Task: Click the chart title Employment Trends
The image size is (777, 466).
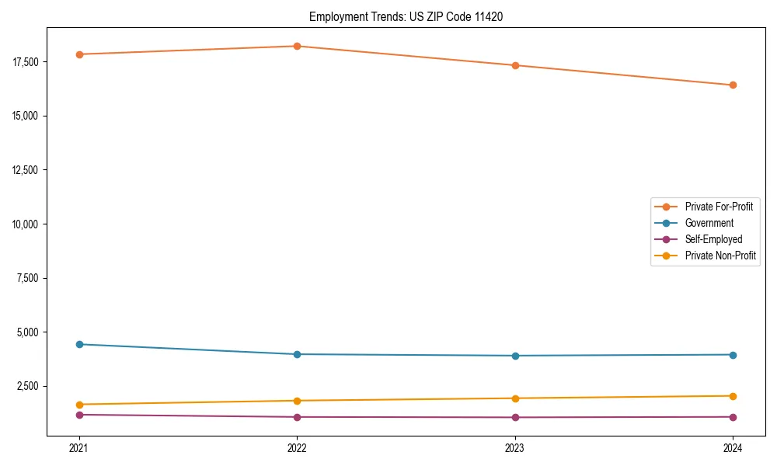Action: [406, 16]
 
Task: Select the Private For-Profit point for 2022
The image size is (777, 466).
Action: [297, 46]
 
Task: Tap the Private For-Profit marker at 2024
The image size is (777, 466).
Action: [733, 85]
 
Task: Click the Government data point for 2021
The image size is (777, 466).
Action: [78, 344]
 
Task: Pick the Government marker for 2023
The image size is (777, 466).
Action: [514, 356]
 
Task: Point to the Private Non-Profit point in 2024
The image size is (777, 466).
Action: [733, 396]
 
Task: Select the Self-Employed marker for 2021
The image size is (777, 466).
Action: [78, 415]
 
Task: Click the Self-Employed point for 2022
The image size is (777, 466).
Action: [297, 417]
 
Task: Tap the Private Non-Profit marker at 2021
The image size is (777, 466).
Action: [78, 405]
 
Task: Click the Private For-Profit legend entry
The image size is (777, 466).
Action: [718, 207]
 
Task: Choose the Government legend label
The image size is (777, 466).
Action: [709, 223]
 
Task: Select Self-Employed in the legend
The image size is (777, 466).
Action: [713, 239]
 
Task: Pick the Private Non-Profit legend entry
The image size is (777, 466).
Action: [720, 256]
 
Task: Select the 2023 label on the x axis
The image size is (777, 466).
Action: [514, 448]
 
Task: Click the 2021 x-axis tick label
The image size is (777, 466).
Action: [78, 448]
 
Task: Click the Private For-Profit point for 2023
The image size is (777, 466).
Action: [514, 65]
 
